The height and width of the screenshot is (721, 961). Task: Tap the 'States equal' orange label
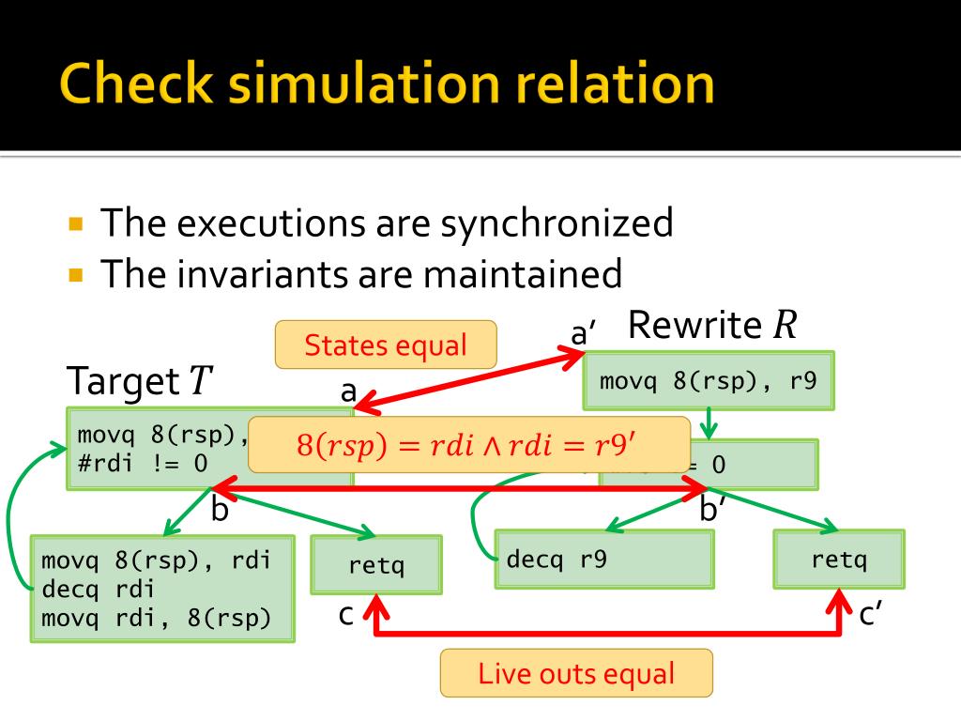pos(385,345)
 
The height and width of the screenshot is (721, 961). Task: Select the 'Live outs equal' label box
pos(576,673)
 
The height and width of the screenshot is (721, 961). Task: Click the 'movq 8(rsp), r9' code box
pos(708,381)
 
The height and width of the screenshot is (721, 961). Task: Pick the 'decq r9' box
pos(603,560)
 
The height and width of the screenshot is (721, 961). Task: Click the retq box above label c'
pos(839,560)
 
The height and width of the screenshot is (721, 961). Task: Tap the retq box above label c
pos(375,565)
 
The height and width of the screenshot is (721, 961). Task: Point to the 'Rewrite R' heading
pos(712,325)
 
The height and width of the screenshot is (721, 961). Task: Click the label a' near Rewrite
pos(585,331)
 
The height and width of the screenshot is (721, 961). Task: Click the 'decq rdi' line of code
pos(98,589)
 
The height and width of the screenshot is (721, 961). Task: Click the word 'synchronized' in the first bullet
pos(557,223)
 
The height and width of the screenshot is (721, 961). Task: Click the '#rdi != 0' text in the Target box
pos(142,463)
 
